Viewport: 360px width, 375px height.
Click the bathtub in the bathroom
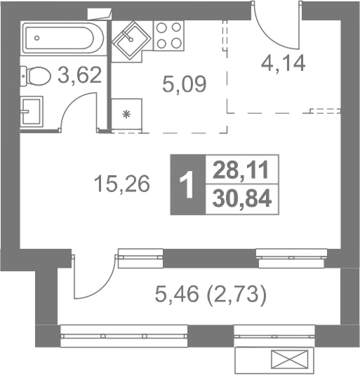63,39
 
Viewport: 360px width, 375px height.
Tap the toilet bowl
35,76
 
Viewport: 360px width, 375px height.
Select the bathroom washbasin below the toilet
32,111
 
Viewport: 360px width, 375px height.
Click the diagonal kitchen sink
131,40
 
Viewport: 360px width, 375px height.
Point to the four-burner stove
168,35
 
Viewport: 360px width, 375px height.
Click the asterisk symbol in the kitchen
126,114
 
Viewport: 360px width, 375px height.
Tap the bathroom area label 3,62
80,75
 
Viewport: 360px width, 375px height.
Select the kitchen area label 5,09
184,84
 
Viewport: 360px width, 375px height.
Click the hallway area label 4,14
283,63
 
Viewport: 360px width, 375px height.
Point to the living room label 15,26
122,184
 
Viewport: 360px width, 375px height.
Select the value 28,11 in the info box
241,170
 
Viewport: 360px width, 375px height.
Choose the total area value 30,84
242,198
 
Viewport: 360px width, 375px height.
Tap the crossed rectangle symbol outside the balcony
289,359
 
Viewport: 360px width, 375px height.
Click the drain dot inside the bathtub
36,38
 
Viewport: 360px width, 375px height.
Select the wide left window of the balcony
124,336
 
